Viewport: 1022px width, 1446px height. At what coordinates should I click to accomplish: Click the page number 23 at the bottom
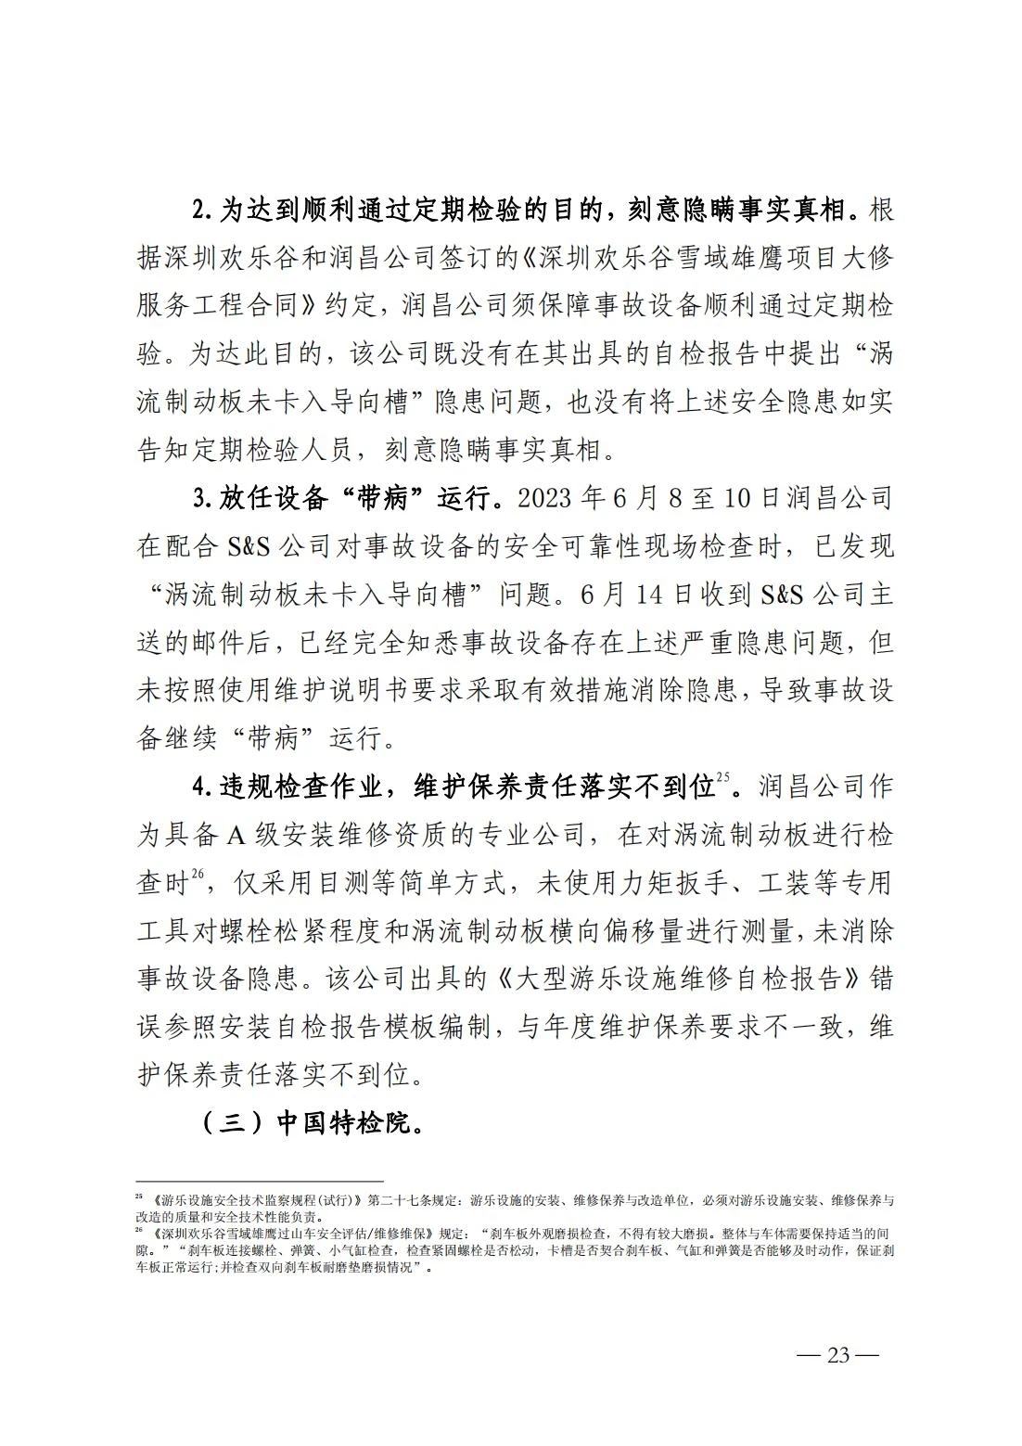[x=837, y=1354]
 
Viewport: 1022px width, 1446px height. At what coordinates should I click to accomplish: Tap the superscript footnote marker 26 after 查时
[x=197, y=874]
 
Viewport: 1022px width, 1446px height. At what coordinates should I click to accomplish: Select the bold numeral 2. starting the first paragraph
[x=203, y=211]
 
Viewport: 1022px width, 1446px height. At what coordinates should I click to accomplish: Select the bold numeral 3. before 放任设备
[x=203, y=499]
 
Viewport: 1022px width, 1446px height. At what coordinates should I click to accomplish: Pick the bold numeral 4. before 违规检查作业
[x=203, y=787]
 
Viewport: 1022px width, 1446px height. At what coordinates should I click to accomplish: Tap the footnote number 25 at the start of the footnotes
[x=139, y=1196]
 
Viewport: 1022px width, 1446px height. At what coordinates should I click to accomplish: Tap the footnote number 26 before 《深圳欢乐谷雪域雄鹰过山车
[x=139, y=1232]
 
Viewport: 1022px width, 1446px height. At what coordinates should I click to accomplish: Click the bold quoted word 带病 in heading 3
[x=382, y=499]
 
